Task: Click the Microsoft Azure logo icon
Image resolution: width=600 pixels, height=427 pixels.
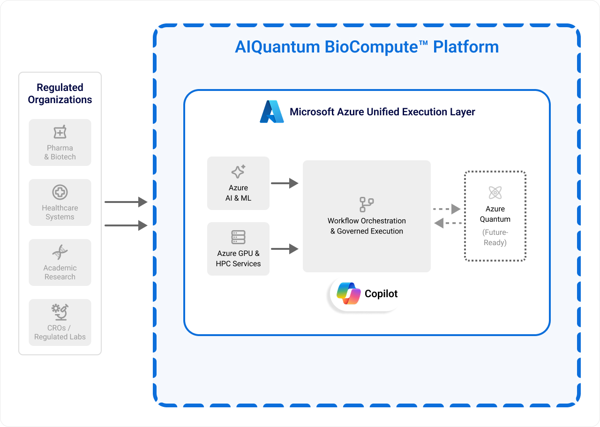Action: pyautogui.click(x=272, y=112)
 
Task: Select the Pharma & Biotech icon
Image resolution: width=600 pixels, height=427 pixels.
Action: pyautogui.click(x=60, y=133)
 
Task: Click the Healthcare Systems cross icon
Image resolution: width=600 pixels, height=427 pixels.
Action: pyautogui.click(x=60, y=192)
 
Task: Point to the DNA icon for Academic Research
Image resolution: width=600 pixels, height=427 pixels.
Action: pyautogui.click(x=60, y=252)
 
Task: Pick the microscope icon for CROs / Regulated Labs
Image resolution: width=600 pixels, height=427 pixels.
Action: pyautogui.click(x=60, y=312)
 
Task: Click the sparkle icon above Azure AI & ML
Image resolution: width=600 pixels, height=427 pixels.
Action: pyautogui.click(x=238, y=172)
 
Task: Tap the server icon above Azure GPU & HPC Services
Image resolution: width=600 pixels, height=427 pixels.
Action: pyautogui.click(x=238, y=237)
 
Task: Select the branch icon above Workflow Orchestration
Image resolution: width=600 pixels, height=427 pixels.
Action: pyautogui.click(x=367, y=204)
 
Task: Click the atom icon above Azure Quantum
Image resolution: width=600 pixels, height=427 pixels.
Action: pyautogui.click(x=495, y=192)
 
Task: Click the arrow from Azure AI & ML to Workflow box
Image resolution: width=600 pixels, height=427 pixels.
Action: pyautogui.click(x=285, y=183)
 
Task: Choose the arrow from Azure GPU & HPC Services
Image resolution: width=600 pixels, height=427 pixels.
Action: pyautogui.click(x=285, y=249)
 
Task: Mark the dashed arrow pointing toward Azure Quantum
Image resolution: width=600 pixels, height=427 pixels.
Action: pyautogui.click(x=446, y=209)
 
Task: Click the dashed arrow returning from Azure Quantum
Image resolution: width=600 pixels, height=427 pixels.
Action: pyautogui.click(x=448, y=223)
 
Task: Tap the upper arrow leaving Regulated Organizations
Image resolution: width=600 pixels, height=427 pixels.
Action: pyautogui.click(x=126, y=202)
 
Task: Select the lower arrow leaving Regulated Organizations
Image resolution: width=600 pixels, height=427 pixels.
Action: pyautogui.click(x=126, y=225)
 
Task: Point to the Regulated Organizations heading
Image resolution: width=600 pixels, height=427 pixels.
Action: pyautogui.click(x=60, y=94)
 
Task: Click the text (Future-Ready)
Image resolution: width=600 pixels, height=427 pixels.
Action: pyautogui.click(x=495, y=238)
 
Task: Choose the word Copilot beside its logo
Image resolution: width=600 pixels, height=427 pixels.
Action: pyautogui.click(x=381, y=294)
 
